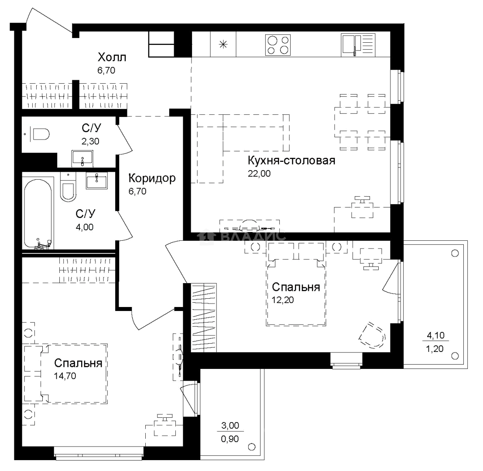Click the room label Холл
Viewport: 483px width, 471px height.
pyautogui.click(x=112, y=57)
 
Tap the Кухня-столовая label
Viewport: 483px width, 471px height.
pyautogui.click(x=291, y=160)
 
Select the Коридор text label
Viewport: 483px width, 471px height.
pyautogui.click(x=152, y=178)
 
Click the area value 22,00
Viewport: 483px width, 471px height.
pyautogui.click(x=259, y=174)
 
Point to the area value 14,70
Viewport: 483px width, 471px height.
pyautogui.click(x=65, y=376)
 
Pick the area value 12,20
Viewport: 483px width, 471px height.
pyautogui.click(x=283, y=300)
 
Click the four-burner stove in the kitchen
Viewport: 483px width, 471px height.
pyautogui.click(x=278, y=45)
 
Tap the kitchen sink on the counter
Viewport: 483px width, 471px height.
pyautogui.click(x=358, y=45)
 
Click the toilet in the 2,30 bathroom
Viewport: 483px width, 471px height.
pyautogui.click(x=40, y=134)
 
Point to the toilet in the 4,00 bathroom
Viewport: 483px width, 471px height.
pyautogui.click(x=68, y=187)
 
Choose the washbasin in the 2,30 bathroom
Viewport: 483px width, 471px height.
pyautogui.click(x=82, y=158)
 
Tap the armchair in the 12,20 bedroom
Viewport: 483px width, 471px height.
pyautogui.click(x=372, y=335)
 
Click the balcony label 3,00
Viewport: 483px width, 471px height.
pyautogui.click(x=230, y=426)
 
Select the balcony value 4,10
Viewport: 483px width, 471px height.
pyautogui.click(x=435, y=335)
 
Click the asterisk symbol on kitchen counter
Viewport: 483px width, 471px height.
pyautogui.click(x=223, y=44)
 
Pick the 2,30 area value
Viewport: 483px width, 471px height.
pyautogui.click(x=90, y=141)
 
